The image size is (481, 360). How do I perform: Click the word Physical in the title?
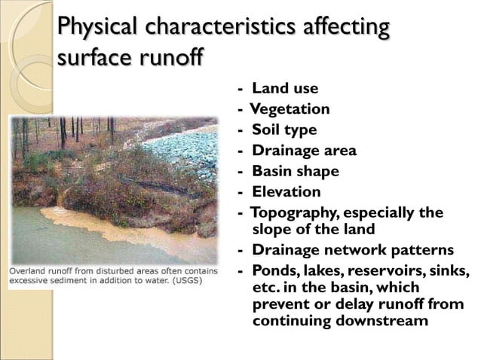[98, 28]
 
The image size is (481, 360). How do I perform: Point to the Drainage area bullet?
[304, 151]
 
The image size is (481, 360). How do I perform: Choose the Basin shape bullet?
[295, 171]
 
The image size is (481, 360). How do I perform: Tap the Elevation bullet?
[286, 191]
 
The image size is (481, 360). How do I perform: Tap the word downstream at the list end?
[377, 321]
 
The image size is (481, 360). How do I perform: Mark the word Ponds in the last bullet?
[272, 270]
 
